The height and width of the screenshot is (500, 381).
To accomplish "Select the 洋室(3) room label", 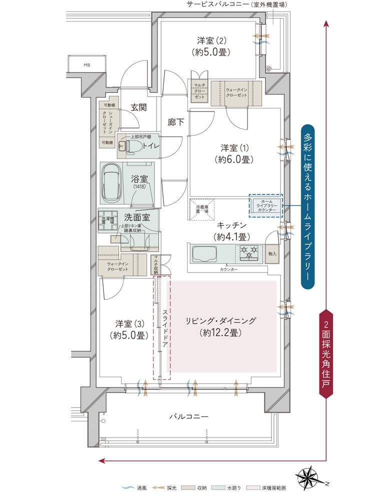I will click(129, 329).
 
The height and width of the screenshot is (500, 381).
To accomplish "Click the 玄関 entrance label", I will click(138, 107).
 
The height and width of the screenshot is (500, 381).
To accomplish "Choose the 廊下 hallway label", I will click(175, 121).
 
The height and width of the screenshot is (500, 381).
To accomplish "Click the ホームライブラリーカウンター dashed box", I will click(265, 205).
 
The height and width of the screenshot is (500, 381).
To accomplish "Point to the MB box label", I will click(87, 65).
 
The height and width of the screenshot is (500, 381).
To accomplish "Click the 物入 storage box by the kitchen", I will click(272, 253).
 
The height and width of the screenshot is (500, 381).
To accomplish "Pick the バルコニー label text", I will click(188, 416).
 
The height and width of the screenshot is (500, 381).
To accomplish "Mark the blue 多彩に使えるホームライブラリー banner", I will click(308, 206).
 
